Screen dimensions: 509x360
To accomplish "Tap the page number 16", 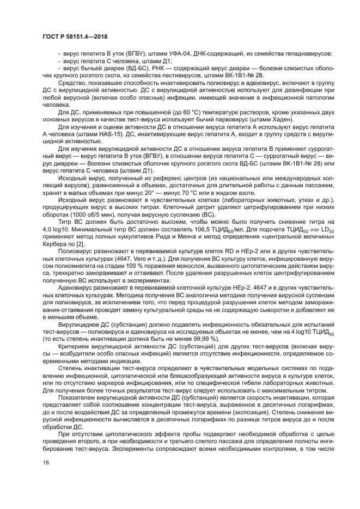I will pos(45,478).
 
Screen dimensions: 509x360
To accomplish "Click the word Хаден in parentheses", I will pos(282,119).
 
